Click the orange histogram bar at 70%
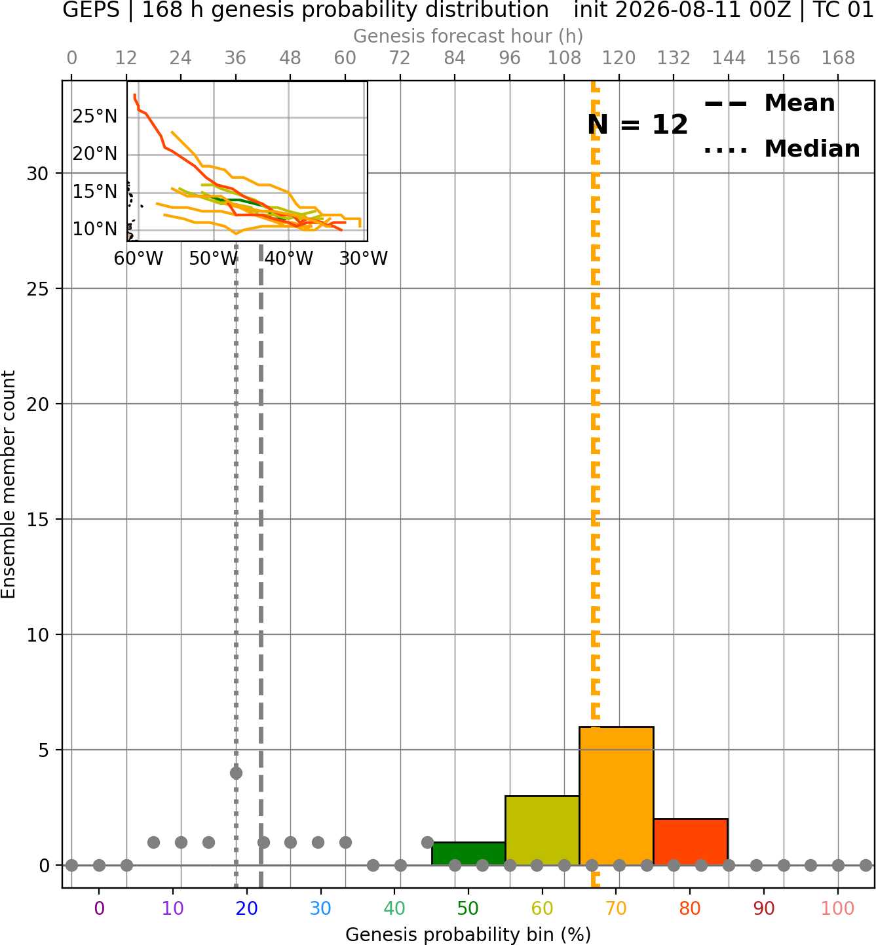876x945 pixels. pos(616,796)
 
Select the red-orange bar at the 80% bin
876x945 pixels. pos(691,842)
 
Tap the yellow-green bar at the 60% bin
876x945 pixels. pos(543,831)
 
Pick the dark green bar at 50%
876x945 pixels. pos(468,854)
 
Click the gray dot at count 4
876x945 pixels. pos(236,773)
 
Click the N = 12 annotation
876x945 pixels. pos(638,125)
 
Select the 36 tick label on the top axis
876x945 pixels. pos(235,58)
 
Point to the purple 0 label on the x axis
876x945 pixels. pos(99,908)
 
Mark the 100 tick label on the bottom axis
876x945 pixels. pos(838,908)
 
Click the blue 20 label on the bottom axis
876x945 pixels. pos(247,908)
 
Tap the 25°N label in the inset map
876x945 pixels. pos(95,116)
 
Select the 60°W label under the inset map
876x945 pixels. pos(138,258)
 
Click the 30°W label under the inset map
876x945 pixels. pos(364,258)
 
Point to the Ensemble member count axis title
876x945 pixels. pos(9,484)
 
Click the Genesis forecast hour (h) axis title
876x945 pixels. pos(468,36)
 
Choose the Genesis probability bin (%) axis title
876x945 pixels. pos(468,935)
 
